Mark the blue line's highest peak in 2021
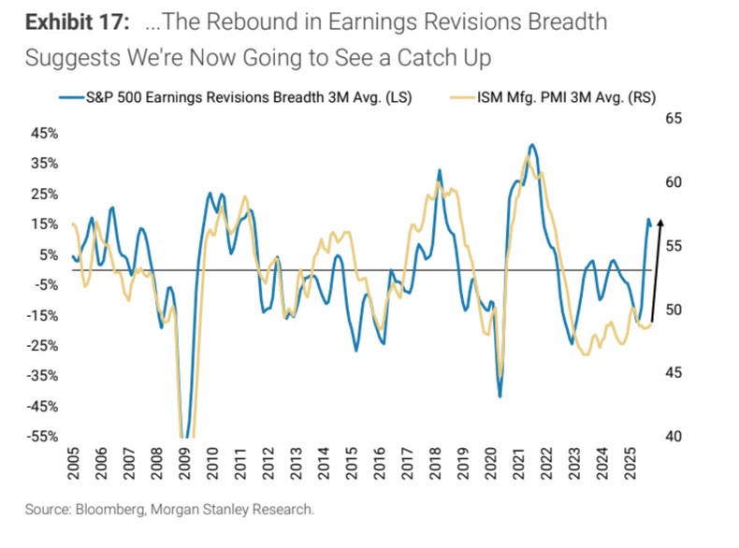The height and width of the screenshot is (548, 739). pyautogui.click(x=532, y=145)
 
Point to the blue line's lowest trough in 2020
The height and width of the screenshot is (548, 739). pyautogui.click(x=500, y=396)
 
